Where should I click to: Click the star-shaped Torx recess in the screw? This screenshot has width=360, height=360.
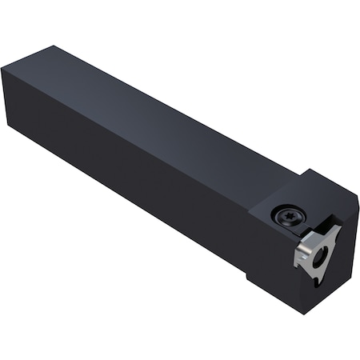pos(286,214)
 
